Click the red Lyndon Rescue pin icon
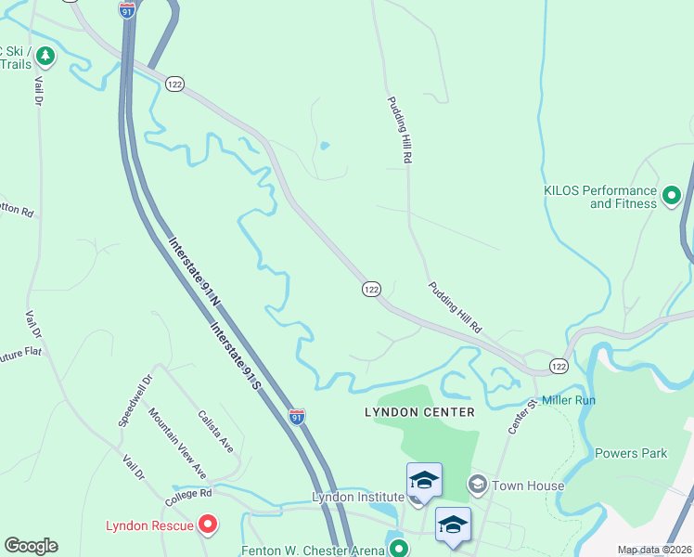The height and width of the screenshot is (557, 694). coord(208,525)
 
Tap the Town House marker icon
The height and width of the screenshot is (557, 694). coord(478,484)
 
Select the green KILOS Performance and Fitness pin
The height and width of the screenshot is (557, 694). coord(671,196)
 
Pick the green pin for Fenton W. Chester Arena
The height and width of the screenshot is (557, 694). coord(398,548)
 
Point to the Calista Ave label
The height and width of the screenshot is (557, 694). coord(216,431)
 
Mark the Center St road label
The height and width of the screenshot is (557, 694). coord(522,417)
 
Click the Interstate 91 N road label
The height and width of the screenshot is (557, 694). coord(194,273)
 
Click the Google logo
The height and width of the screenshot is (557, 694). coord(31,546)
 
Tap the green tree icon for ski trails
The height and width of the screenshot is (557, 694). coord(45,57)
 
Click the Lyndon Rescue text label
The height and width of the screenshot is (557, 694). coord(149,525)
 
